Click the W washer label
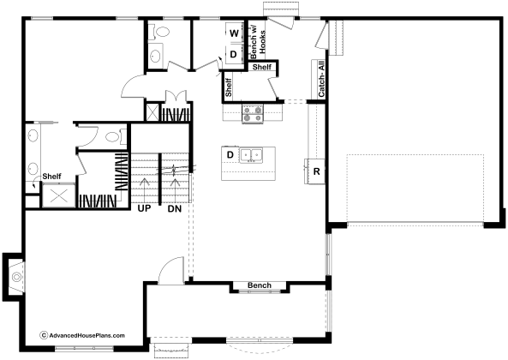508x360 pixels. click(x=234, y=33)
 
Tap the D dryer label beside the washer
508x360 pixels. click(x=233, y=54)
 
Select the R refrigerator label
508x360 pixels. click(x=316, y=171)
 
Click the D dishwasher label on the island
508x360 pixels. click(x=230, y=154)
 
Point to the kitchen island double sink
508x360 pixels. click(x=251, y=154)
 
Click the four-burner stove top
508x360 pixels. click(x=253, y=114)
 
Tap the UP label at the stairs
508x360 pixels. click(x=144, y=208)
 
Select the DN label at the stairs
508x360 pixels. click(x=175, y=209)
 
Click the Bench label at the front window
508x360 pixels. click(x=260, y=285)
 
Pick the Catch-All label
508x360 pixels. click(x=321, y=79)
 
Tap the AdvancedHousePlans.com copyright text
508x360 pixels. click(x=82, y=335)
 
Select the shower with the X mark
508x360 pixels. click(x=59, y=195)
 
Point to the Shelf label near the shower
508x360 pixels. click(x=52, y=177)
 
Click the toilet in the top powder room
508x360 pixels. click(x=161, y=32)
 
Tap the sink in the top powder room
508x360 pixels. click(x=156, y=56)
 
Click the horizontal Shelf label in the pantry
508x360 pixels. click(x=262, y=67)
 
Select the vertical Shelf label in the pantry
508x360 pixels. click(x=229, y=87)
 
